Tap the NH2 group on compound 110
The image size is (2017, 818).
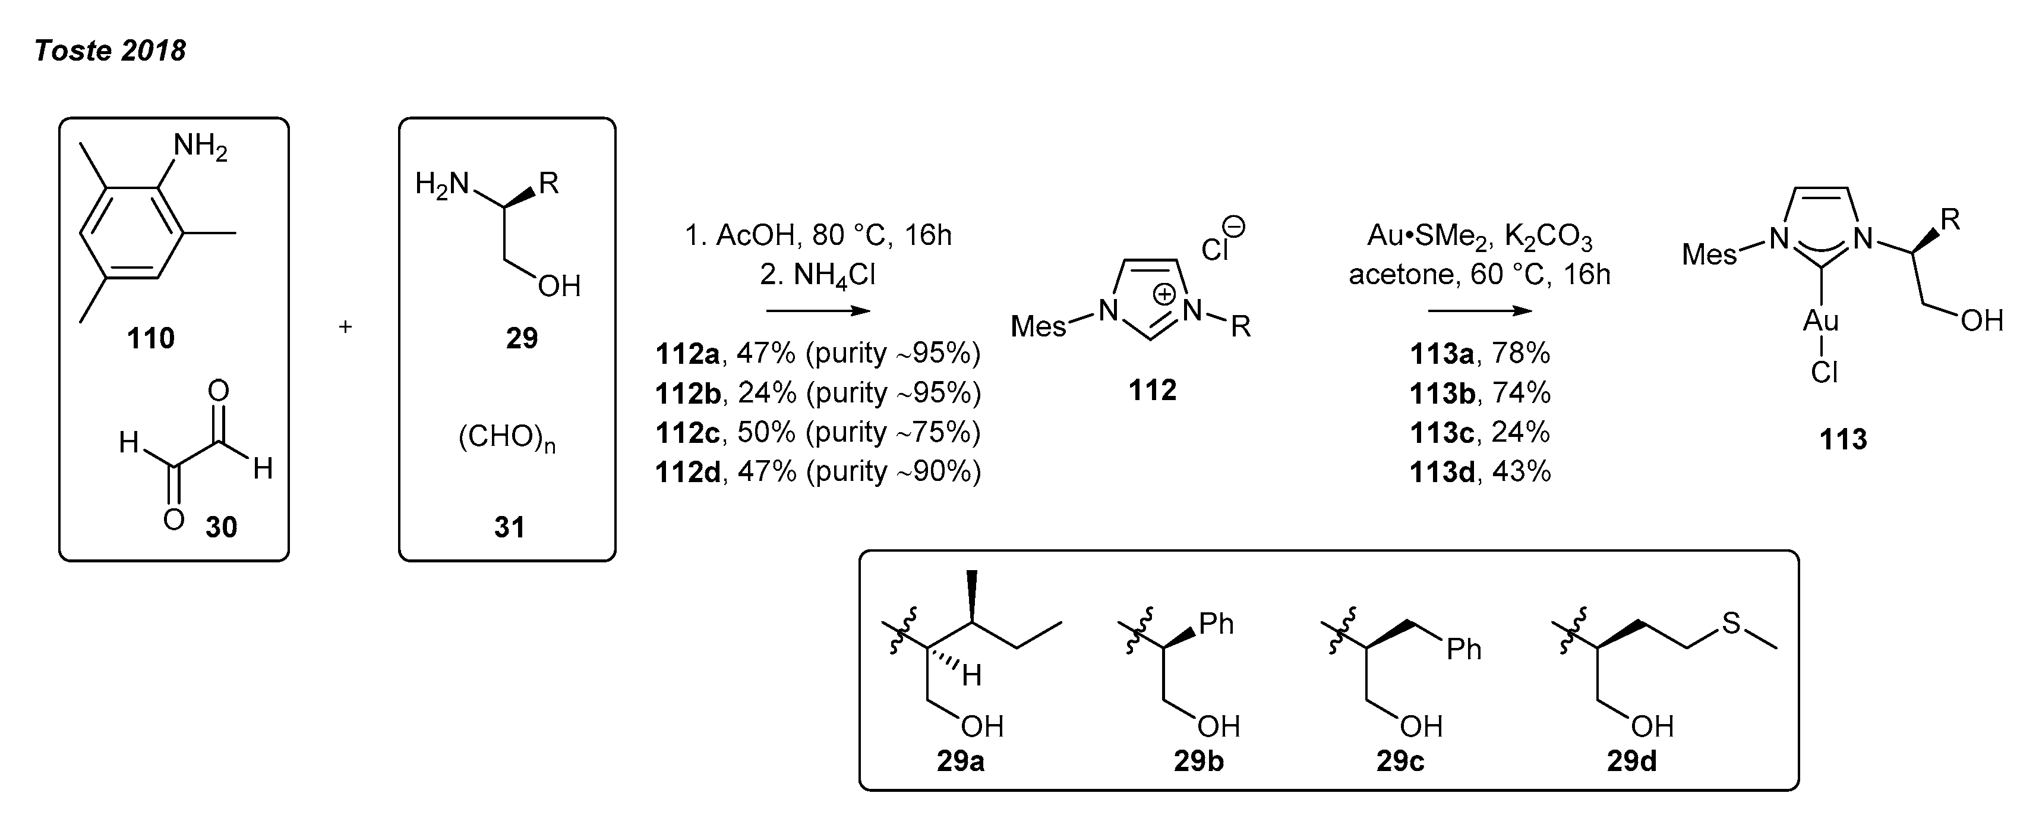(x=199, y=146)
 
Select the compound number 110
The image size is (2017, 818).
(x=150, y=338)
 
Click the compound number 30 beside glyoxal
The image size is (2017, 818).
(x=221, y=527)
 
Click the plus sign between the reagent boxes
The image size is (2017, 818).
(x=345, y=327)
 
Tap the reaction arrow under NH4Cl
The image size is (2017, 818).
(x=817, y=311)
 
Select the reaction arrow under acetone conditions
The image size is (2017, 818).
(x=1479, y=311)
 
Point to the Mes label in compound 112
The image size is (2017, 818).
(x=1039, y=326)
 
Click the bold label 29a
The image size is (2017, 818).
(x=960, y=762)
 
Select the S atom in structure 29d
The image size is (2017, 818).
(x=1731, y=624)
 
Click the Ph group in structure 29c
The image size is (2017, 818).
(x=1463, y=650)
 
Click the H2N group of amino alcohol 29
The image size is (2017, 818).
(x=441, y=184)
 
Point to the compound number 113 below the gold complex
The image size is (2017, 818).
(x=1843, y=439)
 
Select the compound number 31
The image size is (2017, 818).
(x=509, y=527)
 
